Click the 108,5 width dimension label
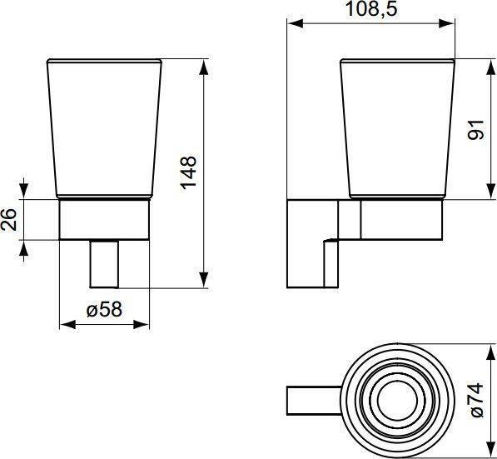click(371, 9)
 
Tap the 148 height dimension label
click(189, 173)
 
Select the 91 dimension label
click(475, 130)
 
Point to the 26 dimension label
click(9, 219)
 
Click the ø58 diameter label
click(104, 309)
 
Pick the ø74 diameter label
click(477, 401)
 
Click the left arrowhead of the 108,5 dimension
click(295, 23)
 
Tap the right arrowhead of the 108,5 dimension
click(447, 23)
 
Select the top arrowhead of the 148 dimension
click(204, 67)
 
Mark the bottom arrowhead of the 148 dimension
click(204, 280)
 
